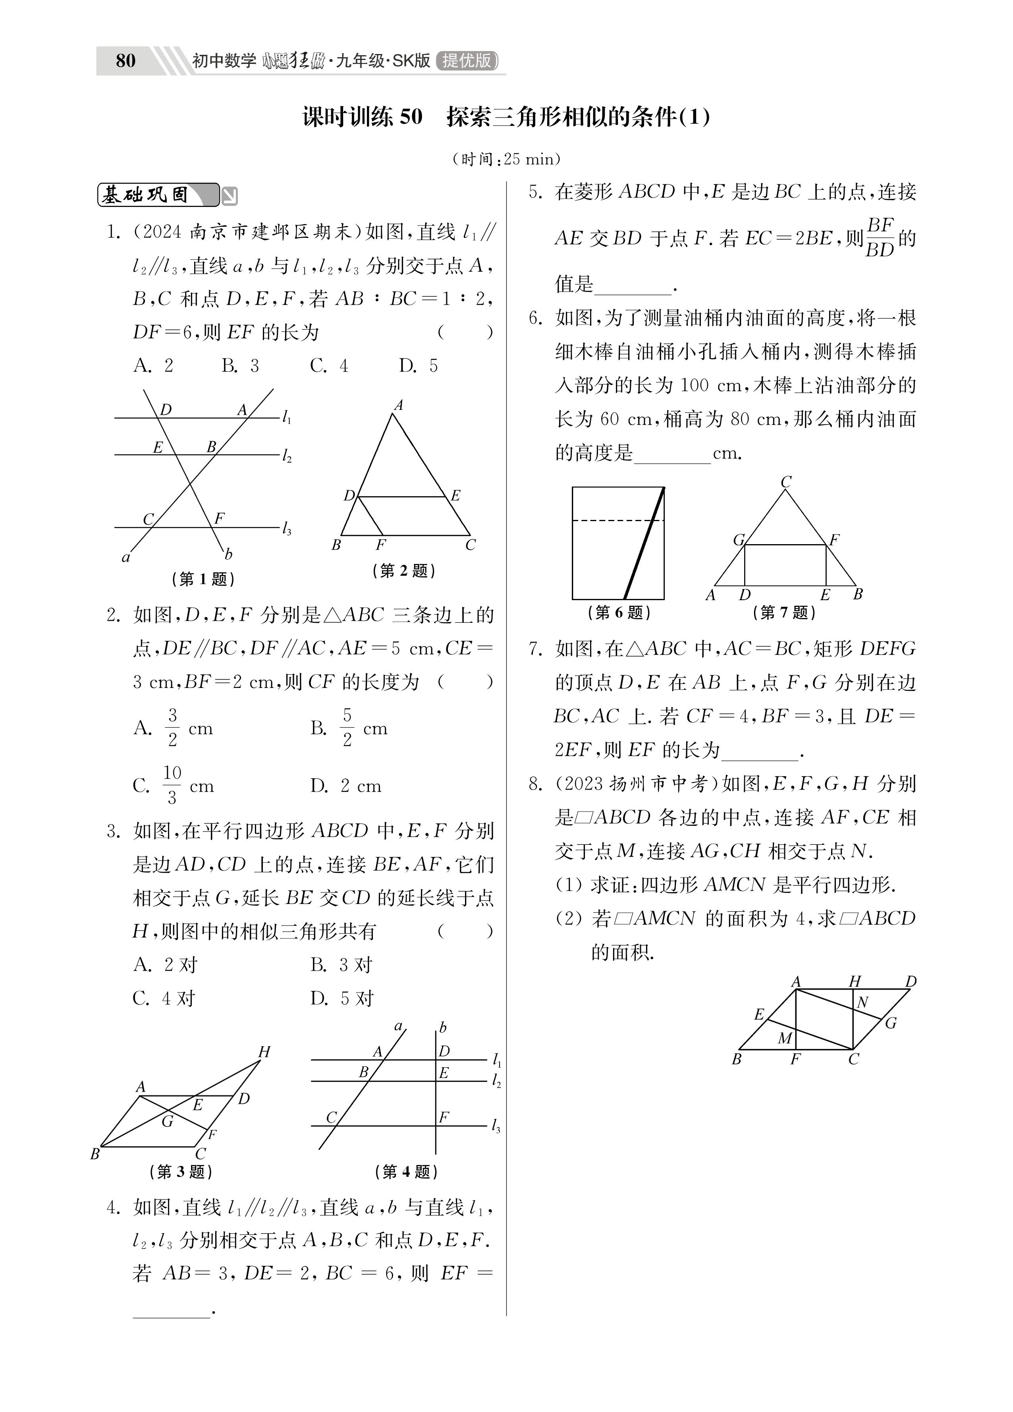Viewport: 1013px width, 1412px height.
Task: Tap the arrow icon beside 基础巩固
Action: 230,197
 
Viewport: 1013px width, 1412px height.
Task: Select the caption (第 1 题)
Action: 203,579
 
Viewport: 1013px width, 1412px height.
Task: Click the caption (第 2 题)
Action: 403,570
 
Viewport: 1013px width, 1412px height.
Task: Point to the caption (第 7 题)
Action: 784,612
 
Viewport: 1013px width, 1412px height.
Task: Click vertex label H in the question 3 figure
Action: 264,1052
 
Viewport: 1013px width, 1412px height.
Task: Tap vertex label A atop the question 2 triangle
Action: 398,405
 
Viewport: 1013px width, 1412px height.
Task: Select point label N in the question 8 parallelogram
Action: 862,1003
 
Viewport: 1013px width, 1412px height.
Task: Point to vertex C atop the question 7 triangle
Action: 786,482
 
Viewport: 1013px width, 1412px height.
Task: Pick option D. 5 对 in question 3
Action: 342,999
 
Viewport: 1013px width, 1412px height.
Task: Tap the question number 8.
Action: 534,783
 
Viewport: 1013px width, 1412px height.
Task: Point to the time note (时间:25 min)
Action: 506,159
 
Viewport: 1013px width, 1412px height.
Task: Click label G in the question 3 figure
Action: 167,1122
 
